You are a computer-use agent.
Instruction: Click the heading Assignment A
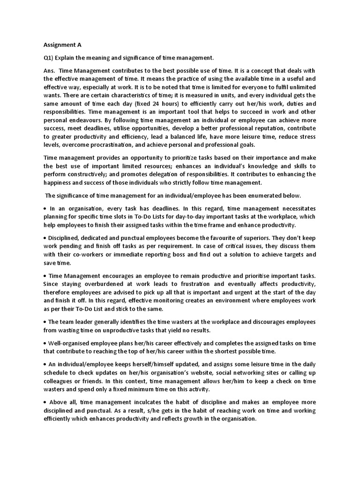tap(63, 45)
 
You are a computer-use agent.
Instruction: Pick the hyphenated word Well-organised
tap(70, 343)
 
